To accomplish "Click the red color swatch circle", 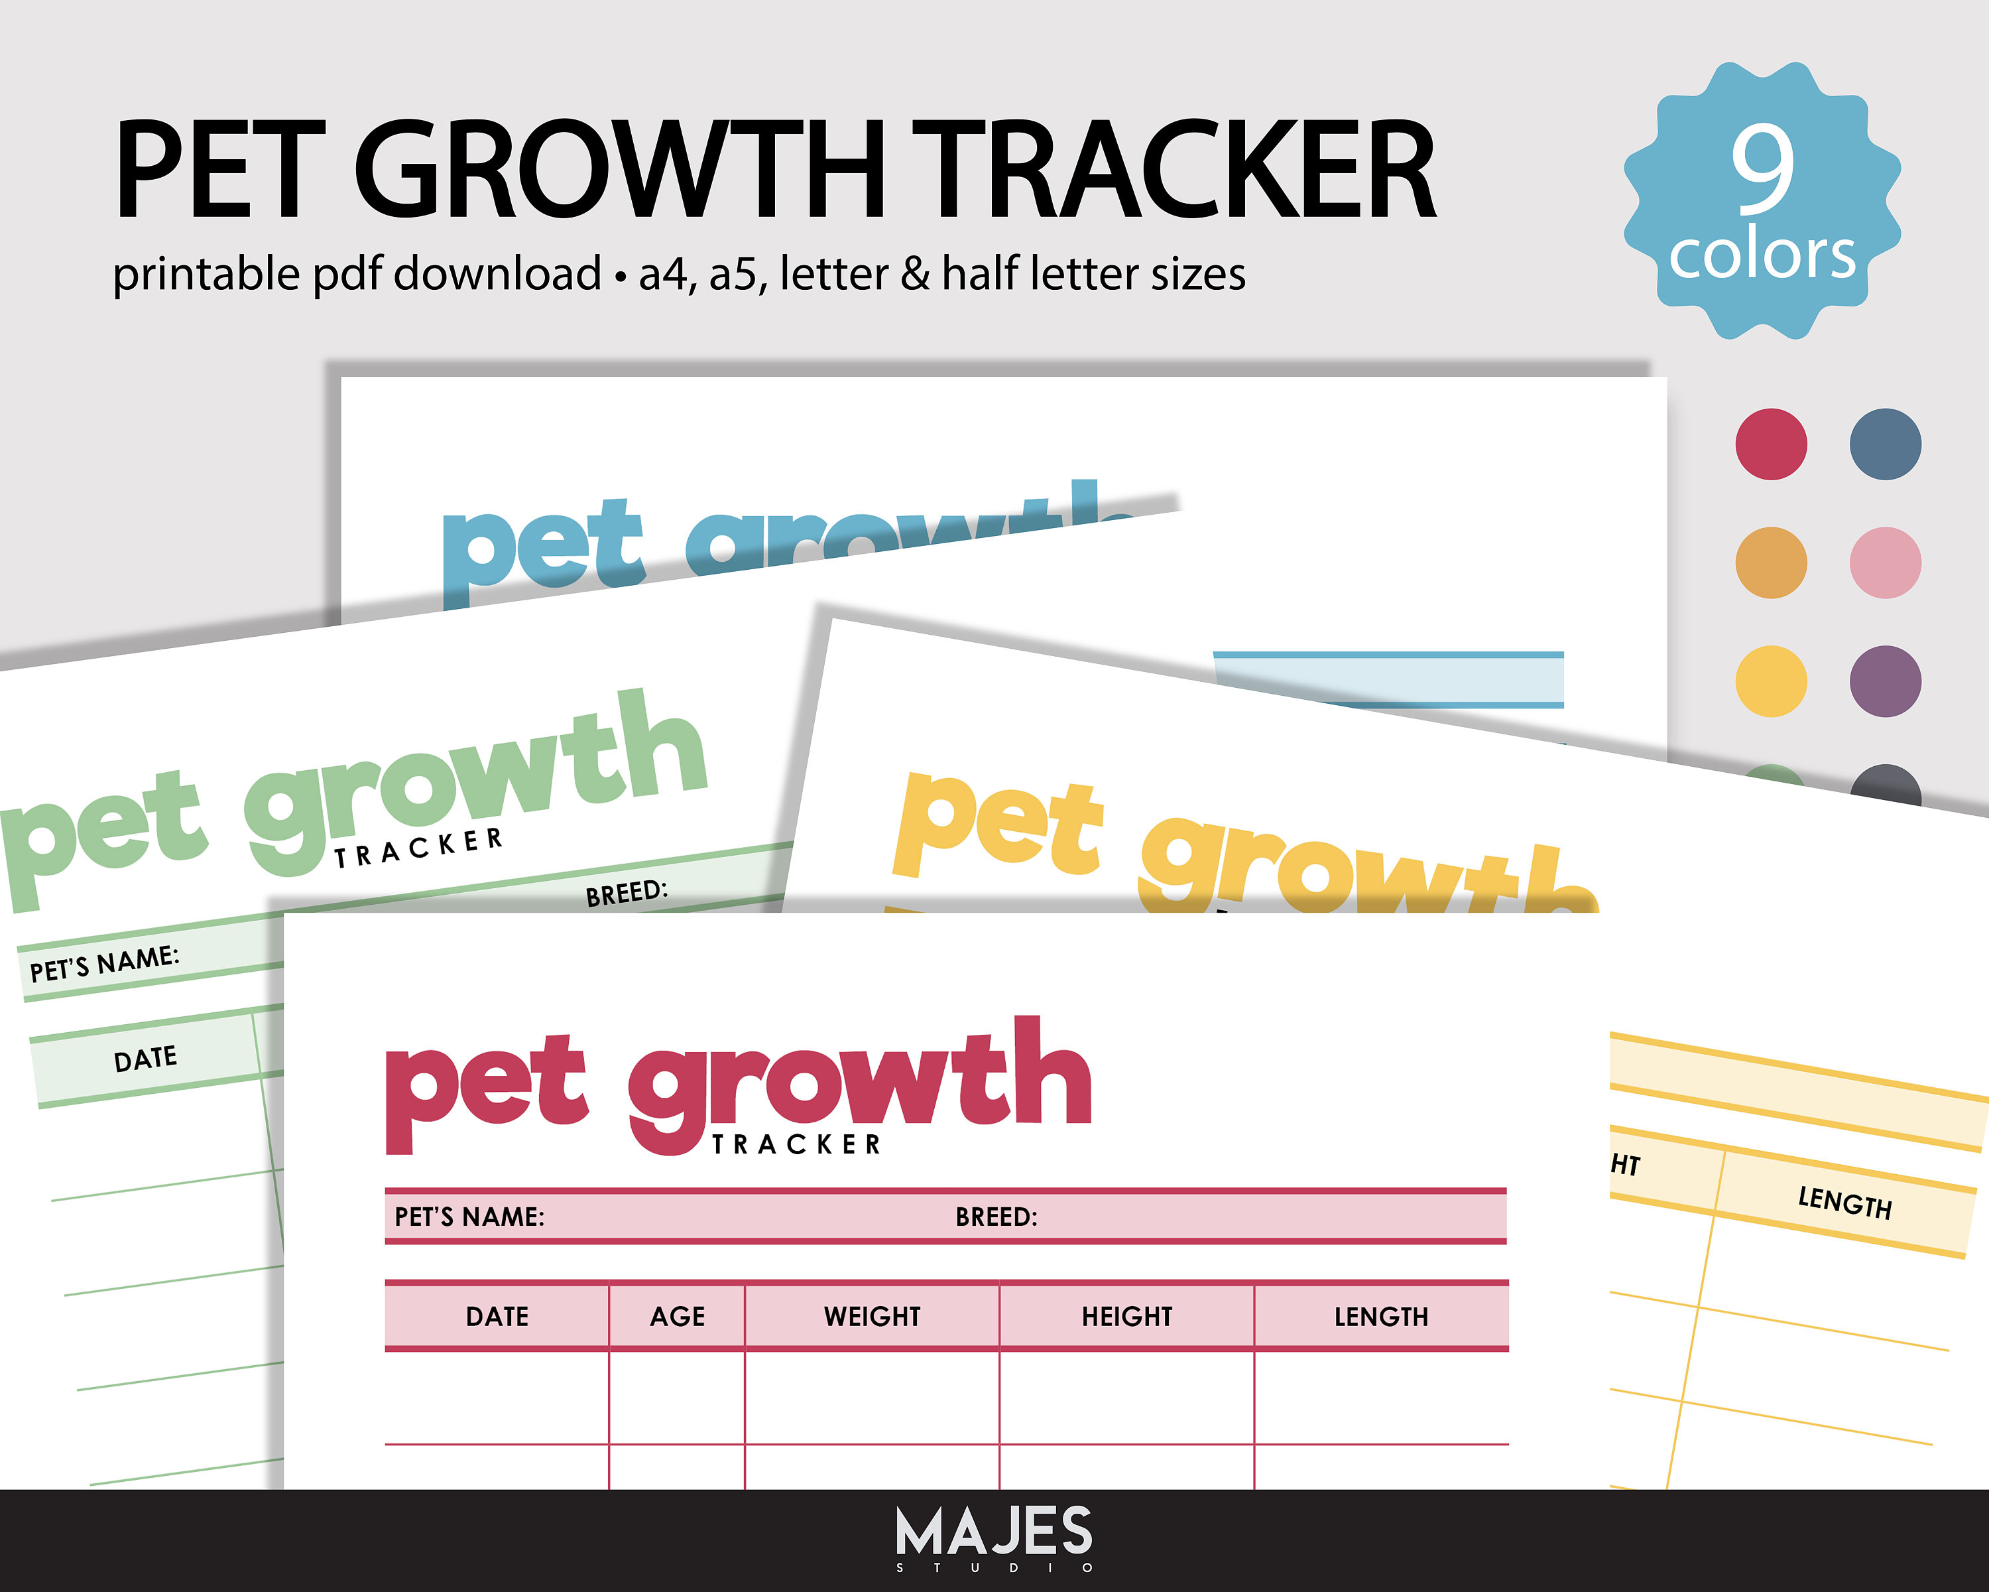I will click(x=1770, y=444).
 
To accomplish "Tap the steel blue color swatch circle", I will click(x=1885, y=444).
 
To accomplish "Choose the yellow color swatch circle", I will click(x=1770, y=681).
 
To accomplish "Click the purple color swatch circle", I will click(x=1885, y=681).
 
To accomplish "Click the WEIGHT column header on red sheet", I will click(x=872, y=1316).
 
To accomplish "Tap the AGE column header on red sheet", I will click(x=677, y=1316).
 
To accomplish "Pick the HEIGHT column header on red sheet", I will click(x=1126, y=1316).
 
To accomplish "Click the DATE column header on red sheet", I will click(x=497, y=1316).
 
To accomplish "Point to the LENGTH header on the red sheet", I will click(x=1381, y=1316).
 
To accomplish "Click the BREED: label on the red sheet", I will click(x=996, y=1217).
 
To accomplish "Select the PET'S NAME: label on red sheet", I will click(x=469, y=1217).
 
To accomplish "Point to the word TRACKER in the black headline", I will click(x=1176, y=170).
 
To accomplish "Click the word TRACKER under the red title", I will click(x=797, y=1144).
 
